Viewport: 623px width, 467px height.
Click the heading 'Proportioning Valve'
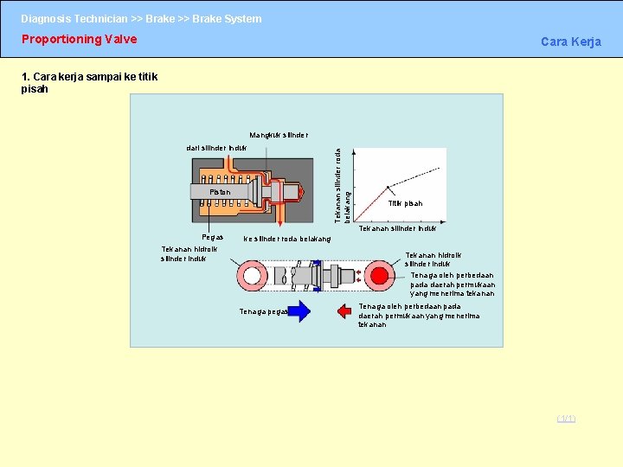(x=79, y=39)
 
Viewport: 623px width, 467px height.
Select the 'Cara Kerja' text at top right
(x=570, y=42)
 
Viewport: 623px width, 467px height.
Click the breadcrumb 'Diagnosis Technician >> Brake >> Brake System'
(x=141, y=18)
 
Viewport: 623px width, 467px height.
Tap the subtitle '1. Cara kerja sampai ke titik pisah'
(x=89, y=83)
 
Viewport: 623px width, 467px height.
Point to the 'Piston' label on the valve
(x=220, y=192)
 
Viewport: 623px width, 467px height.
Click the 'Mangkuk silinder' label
(x=278, y=135)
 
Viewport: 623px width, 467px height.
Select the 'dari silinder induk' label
(x=216, y=148)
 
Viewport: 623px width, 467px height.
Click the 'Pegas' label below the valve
(x=212, y=237)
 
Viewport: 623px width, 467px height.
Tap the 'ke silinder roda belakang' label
(x=287, y=240)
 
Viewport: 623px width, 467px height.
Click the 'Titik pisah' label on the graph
(x=405, y=204)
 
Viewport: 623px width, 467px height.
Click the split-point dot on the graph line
(x=388, y=186)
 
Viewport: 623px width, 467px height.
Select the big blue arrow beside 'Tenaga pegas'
(x=299, y=311)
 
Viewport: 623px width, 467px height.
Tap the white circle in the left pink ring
(x=254, y=277)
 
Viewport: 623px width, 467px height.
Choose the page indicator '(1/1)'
(x=566, y=419)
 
